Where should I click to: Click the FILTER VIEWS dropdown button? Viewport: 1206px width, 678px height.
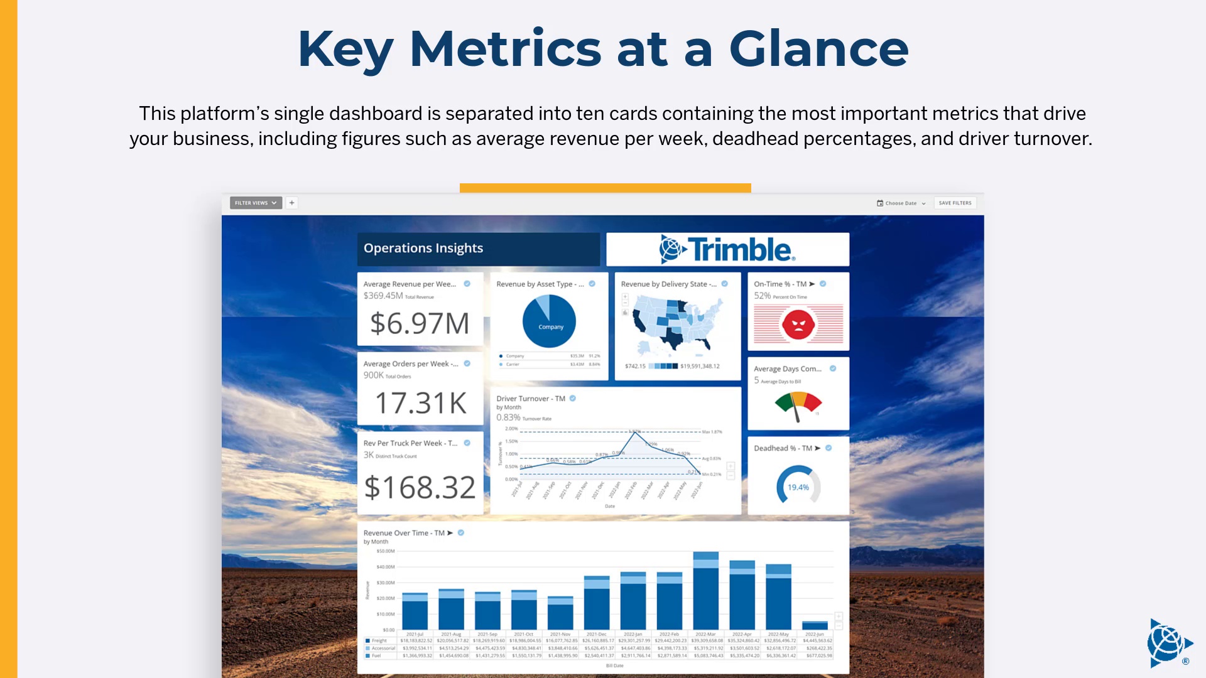point(256,203)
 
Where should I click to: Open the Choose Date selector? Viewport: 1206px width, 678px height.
point(901,203)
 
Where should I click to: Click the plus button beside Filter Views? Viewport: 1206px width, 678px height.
point(291,203)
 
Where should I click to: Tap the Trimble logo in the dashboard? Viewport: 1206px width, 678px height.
point(727,249)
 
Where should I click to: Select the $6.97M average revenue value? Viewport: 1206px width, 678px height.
point(420,323)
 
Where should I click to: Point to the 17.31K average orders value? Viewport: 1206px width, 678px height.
point(421,403)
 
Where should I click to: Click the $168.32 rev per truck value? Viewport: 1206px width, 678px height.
point(420,487)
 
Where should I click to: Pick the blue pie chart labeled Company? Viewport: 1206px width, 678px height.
point(549,321)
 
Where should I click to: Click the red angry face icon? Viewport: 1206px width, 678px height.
point(798,325)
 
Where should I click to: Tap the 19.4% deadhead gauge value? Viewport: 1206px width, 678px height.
point(798,487)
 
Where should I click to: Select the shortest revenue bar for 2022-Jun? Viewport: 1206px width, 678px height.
point(815,625)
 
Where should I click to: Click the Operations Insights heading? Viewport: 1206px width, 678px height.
point(423,248)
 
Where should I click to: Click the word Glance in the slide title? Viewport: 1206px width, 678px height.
point(818,49)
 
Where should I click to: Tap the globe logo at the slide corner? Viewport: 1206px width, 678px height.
point(1168,643)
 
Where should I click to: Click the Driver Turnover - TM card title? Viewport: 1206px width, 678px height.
point(531,399)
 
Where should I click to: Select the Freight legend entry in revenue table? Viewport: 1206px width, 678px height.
point(379,641)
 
